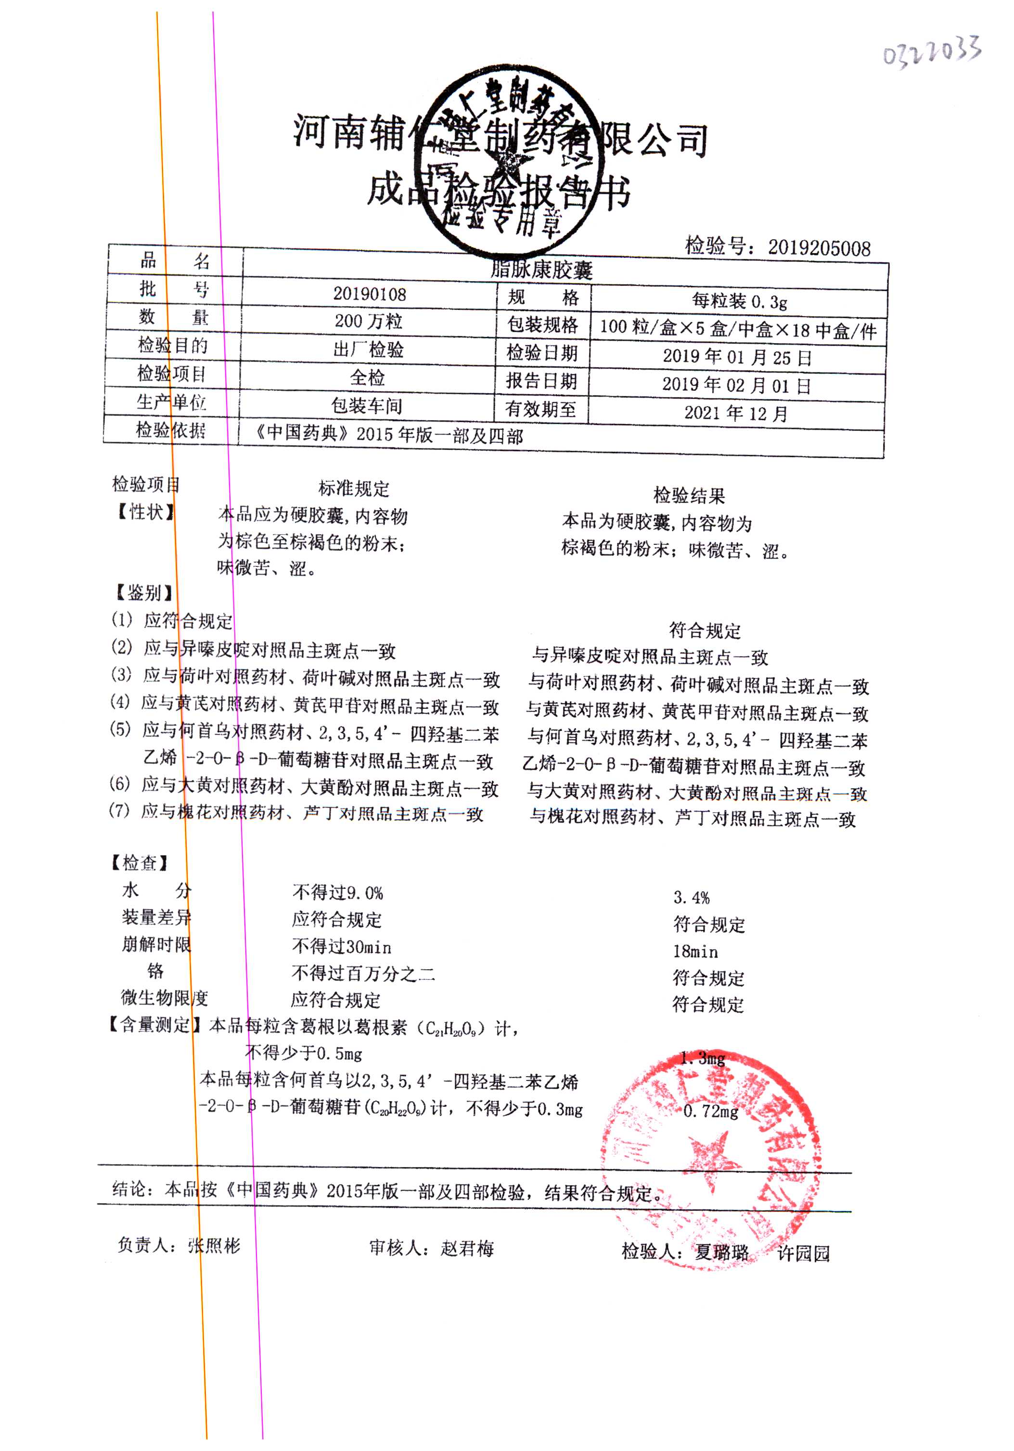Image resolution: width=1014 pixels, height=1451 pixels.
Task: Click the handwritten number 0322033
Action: point(932,51)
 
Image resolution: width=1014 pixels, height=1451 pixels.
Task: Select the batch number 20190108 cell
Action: point(370,294)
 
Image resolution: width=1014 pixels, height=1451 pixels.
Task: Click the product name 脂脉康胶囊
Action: point(541,270)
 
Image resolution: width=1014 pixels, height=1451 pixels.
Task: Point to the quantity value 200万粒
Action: point(368,321)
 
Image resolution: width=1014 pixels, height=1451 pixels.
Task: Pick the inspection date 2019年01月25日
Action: point(737,357)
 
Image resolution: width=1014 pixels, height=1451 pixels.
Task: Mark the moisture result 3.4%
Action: point(691,898)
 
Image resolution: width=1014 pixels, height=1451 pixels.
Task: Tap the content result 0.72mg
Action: point(711,1111)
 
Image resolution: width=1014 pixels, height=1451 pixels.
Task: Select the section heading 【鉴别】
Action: point(143,593)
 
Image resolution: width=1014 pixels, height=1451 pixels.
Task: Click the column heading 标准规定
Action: point(354,488)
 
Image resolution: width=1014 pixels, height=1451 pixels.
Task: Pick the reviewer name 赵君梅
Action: point(467,1248)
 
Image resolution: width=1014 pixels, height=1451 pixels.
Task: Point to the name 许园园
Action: point(803,1253)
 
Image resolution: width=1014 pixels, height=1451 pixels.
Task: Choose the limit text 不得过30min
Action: point(341,947)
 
